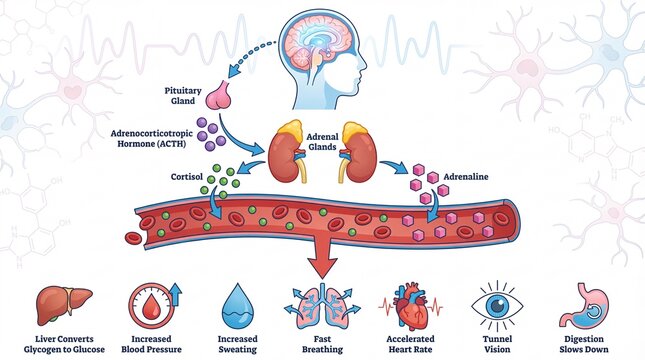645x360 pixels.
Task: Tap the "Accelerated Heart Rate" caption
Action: point(409,344)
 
